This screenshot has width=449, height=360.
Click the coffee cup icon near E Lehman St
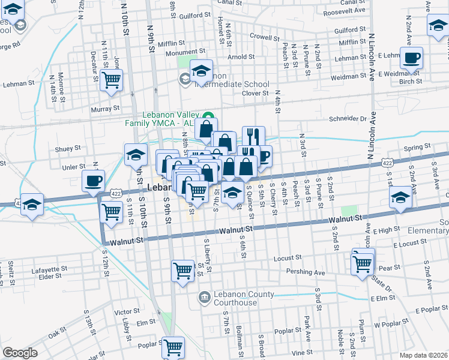[x=411, y=58]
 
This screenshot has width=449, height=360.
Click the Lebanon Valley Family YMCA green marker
[x=208, y=117]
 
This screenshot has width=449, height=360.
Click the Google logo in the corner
[x=20, y=353]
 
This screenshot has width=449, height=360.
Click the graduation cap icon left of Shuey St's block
[x=136, y=154]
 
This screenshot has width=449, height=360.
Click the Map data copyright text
[x=423, y=355]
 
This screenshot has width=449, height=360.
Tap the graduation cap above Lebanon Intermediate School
[x=202, y=70]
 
